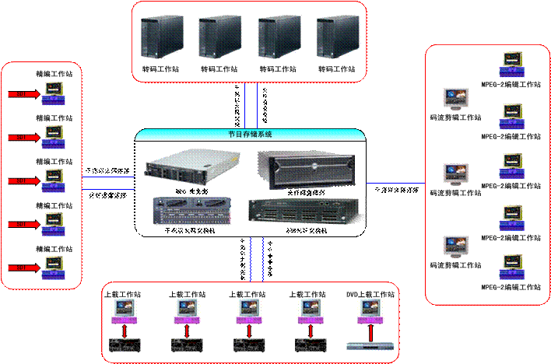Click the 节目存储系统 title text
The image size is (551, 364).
tap(250, 134)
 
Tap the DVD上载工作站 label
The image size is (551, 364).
tap(370, 295)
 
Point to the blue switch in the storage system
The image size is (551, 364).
tap(191, 211)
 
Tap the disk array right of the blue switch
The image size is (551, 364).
tap(306, 211)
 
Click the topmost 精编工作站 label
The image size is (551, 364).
tap(54, 75)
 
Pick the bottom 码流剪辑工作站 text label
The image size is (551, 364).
tap(455, 265)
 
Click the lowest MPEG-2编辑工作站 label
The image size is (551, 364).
tap(511, 287)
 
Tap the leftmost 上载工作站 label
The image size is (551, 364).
tap(122, 295)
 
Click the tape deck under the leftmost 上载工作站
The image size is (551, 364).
tap(122, 345)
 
